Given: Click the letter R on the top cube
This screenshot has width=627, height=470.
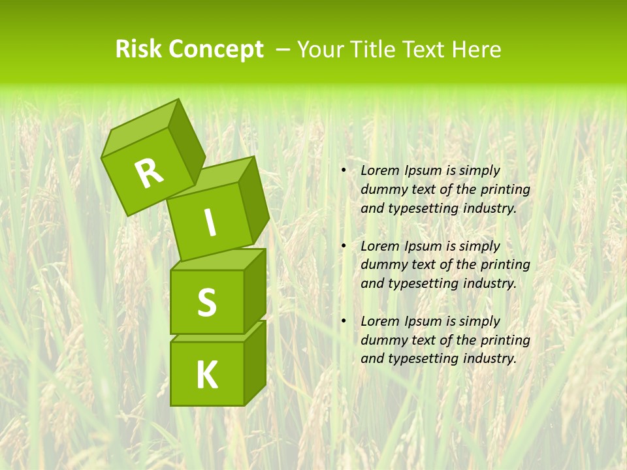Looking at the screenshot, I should [149, 173].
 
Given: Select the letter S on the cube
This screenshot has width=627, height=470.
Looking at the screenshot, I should [206, 302].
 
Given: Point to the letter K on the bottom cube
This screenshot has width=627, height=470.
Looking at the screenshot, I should [206, 375].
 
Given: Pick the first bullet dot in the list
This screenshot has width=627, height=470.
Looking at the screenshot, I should [344, 171].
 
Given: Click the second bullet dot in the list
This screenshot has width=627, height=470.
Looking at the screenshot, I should [344, 246].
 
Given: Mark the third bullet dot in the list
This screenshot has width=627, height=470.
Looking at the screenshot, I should [344, 321].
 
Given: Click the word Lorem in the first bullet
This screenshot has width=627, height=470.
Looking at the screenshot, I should [378, 170].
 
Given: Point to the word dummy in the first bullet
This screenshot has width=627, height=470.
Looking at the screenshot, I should [382, 189].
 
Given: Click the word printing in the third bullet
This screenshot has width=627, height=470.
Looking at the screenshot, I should [505, 339].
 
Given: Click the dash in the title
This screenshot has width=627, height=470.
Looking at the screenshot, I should [283, 50].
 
